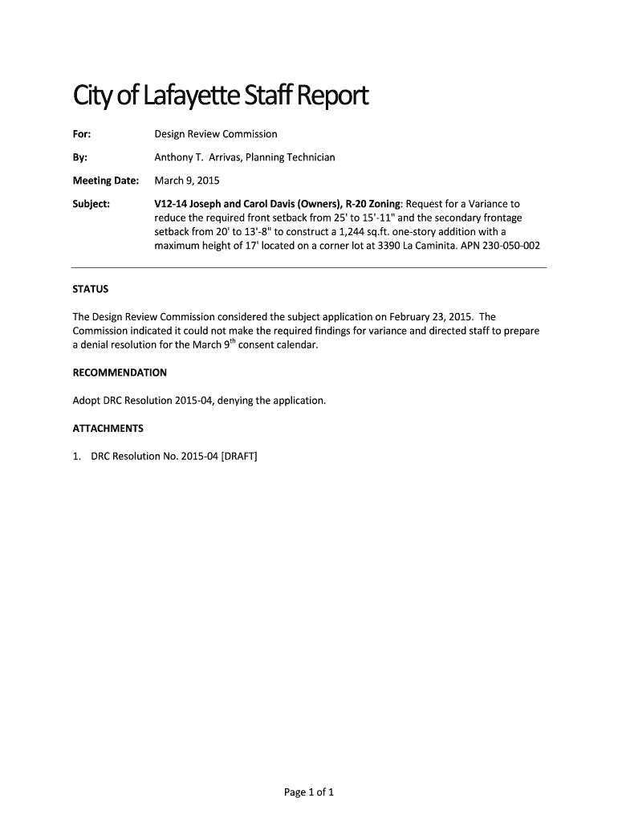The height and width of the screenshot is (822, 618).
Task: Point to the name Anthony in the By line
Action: pos(173,157)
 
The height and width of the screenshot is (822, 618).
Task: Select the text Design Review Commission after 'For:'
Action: pos(216,134)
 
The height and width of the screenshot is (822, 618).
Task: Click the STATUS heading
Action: pos(91,288)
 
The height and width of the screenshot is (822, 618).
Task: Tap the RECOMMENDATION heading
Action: pos(120,372)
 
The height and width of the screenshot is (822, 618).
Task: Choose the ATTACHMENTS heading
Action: pos(108,428)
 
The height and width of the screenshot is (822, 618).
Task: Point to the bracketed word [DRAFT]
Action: pos(239,456)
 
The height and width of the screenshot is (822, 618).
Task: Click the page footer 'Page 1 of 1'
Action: pos(309,792)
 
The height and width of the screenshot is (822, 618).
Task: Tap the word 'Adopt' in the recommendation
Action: pos(87,401)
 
